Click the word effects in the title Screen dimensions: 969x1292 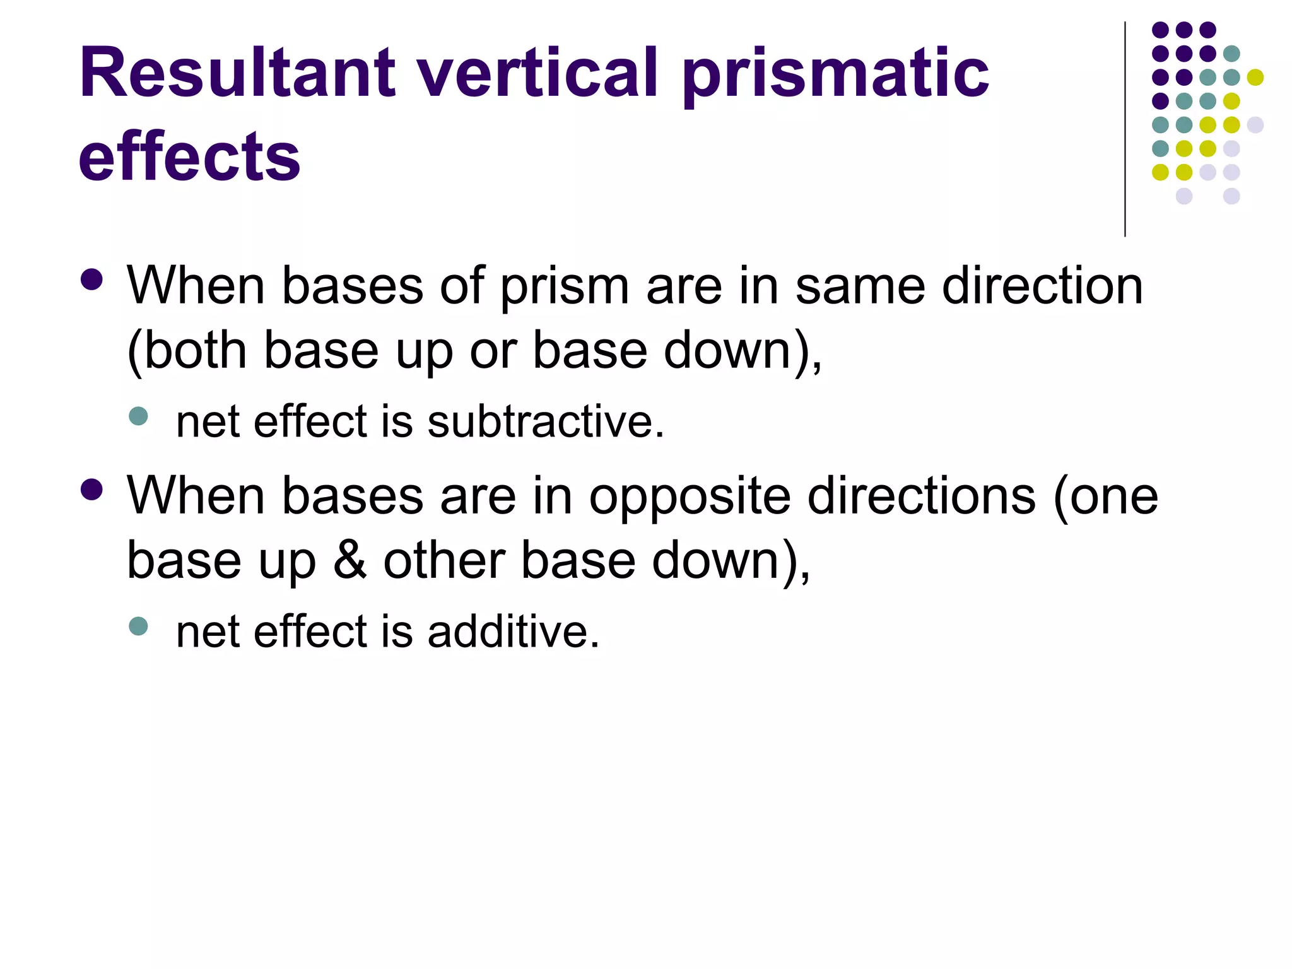[189, 156]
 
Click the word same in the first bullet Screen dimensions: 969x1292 [861, 286]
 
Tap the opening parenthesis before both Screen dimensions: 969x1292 [133, 352]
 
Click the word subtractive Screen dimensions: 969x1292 [546, 421]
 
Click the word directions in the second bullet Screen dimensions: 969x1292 [922, 496]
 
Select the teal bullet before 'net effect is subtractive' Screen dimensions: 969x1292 [138, 416]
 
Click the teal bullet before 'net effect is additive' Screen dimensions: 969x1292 [138, 626]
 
